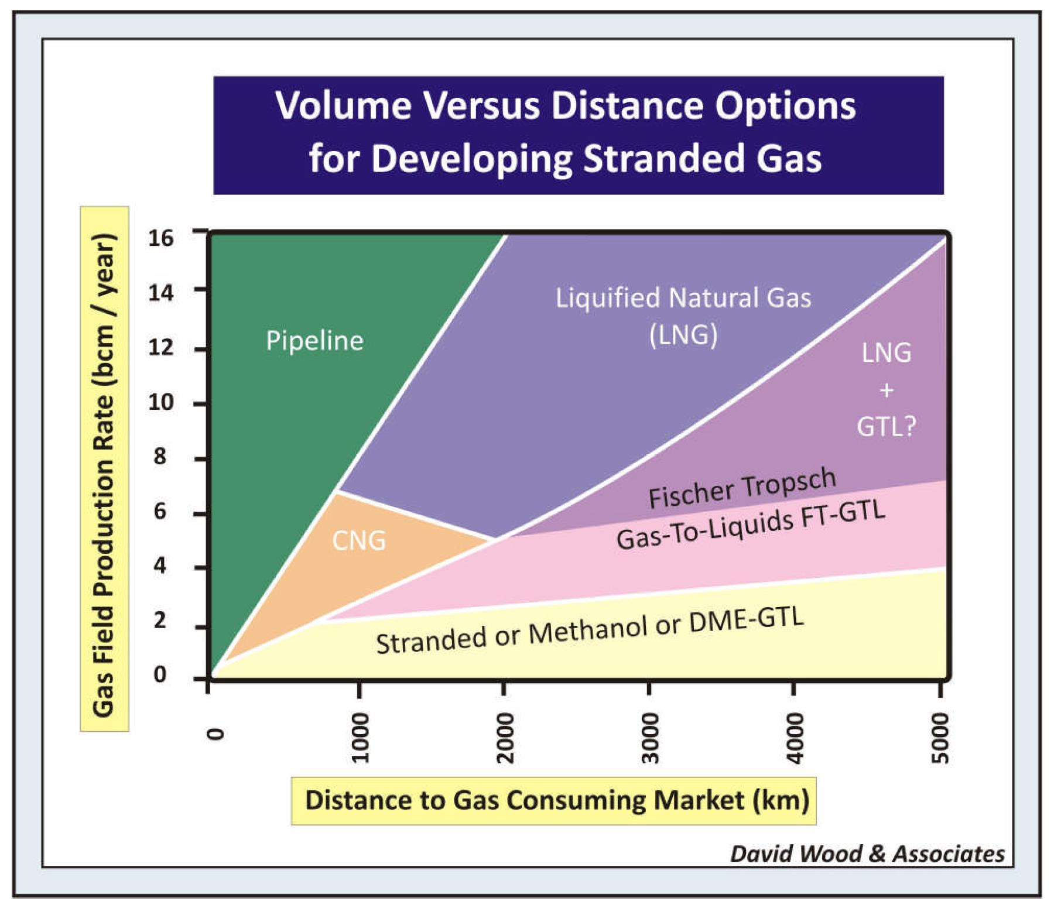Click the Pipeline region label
[x=314, y=341]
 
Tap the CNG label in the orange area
[x=359, y=540]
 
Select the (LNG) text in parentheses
[x=683, y=335]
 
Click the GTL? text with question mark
[x=886, y=426]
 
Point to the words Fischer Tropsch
[x=742, y=488]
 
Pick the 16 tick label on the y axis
[x=161, y=238]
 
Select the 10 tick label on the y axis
[x=161, y=403]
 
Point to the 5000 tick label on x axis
[x=939, y=738]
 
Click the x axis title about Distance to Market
[x=556, y=800]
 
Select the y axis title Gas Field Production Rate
[x=104, y=474]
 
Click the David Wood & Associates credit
[x=867, y=854]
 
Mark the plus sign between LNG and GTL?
[x=887, y=390]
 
